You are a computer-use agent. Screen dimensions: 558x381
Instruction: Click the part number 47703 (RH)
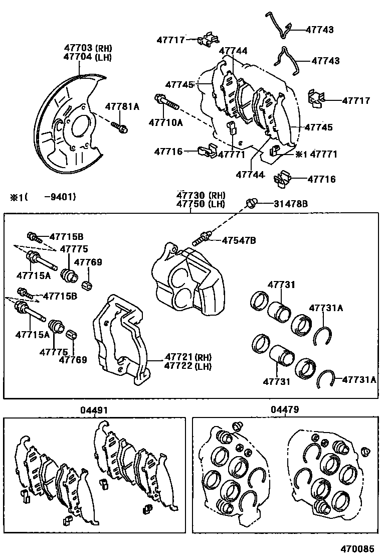coord(87,48)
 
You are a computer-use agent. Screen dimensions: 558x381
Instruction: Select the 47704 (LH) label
coord(87,57)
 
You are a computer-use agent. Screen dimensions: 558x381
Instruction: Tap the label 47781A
coord(122,106)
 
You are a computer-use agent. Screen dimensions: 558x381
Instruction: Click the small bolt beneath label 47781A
coord(120,127)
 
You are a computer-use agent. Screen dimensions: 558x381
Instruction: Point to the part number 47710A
coord(165,121)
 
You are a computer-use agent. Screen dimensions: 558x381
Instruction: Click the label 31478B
coord(290,203)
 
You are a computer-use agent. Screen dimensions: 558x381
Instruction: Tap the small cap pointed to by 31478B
coord(252,203)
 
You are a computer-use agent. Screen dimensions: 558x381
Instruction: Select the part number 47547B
coord(239,241)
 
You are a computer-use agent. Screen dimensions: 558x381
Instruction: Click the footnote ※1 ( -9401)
coord(42,197)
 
